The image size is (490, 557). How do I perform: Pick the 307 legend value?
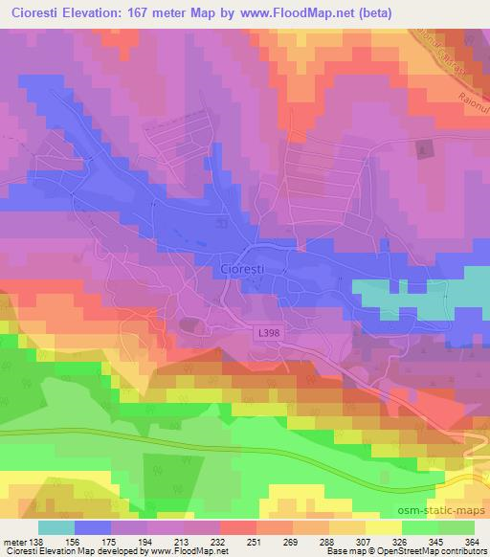tap(365, 541)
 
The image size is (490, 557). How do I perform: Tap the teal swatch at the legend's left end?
tap(56, 527)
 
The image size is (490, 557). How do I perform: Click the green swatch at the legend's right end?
tap(457, 527)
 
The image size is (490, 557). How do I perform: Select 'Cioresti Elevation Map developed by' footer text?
tap(69, 551)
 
